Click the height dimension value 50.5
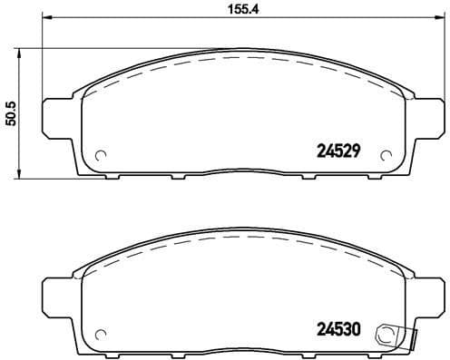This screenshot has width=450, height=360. click(12, 112)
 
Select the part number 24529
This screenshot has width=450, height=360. click(337, 151)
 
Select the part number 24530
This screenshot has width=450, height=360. click(337, 332)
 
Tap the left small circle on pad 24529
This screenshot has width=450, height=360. click(101, 153)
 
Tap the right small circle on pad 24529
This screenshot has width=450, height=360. click(388, 153)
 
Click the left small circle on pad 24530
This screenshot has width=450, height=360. click(101, 333)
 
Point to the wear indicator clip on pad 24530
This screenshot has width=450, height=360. click(396, 335)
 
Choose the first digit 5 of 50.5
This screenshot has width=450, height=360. click(12, 124)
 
